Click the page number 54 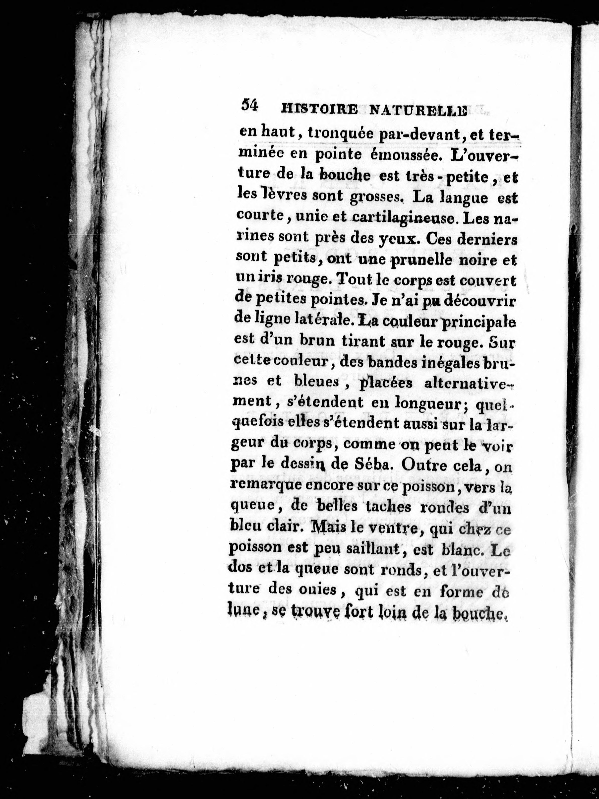[249, 105]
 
